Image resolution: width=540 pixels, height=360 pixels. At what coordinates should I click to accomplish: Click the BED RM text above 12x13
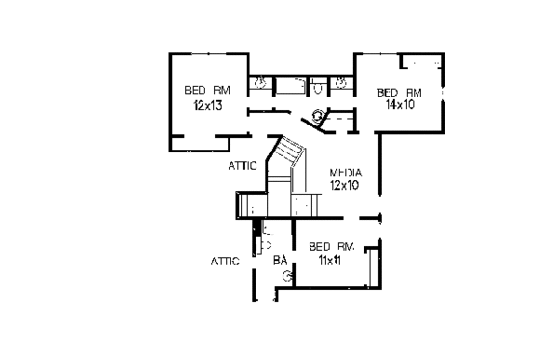(x=208, y=91)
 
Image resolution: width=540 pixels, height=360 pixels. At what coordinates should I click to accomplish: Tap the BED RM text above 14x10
(x=398, y=91)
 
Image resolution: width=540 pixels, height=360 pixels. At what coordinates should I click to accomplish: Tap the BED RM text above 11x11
(x=333, y=248)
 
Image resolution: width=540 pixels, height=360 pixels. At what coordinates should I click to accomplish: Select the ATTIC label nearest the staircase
(x=242, y=165)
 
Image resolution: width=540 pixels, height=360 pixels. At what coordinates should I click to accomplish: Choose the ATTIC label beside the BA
(x=226, y=261)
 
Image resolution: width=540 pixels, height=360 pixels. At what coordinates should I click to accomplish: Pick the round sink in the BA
(x=285, y=277)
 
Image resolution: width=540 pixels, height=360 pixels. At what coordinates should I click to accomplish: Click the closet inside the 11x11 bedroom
(x=372, y=263)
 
